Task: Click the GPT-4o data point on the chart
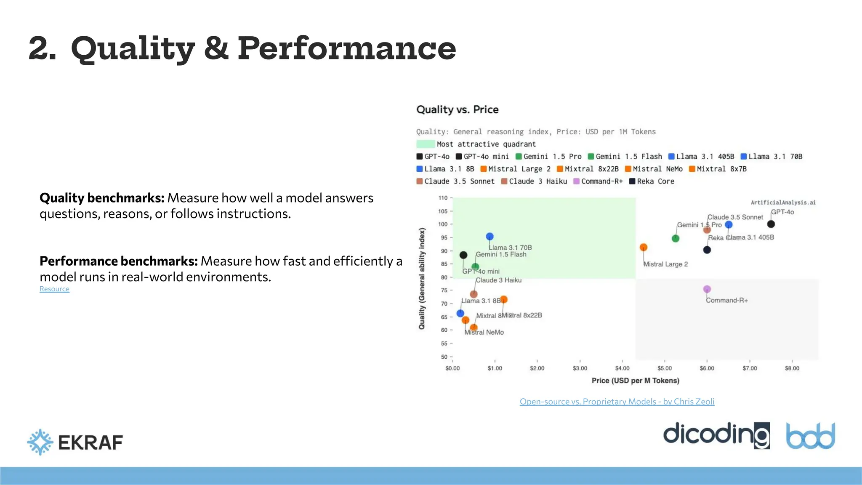[771, 224]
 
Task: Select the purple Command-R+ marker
[707, 289]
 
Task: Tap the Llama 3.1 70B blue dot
[490, 237]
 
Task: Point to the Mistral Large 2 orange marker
[643, 248]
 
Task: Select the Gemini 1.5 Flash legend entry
[625, 157]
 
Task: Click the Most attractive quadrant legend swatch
[426, 144]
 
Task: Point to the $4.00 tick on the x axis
[622, 368]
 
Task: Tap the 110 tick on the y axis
[443, 198]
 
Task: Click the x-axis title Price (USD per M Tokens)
[635, 381]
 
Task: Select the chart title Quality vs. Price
[457, 109]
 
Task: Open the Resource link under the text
[54, 289]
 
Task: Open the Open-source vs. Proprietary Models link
[617, 401]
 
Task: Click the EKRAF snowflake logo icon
[40, 442]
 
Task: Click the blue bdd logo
[810, 436]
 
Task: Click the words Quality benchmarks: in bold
[102, 198]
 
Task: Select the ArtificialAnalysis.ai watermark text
[783, 203]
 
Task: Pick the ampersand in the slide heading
[216, 48]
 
